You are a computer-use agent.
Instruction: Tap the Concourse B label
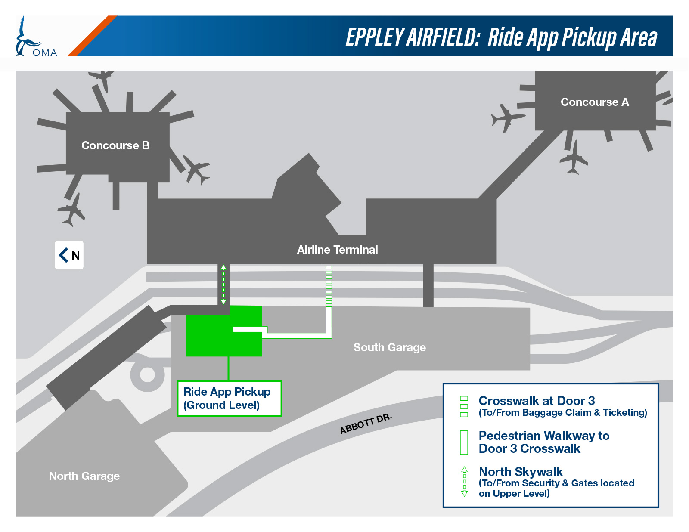(115, 145)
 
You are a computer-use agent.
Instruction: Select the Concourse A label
(595, 102)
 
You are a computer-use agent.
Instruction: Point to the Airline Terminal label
(337, 250)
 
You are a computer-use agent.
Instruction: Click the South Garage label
(390, 347)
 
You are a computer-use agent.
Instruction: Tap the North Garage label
(84, 476)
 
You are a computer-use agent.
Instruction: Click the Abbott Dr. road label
(366, 424)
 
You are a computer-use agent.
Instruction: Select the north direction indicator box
(69, 255)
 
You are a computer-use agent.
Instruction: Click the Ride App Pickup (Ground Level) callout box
(229, 399)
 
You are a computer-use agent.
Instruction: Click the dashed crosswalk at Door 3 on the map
(329, 285)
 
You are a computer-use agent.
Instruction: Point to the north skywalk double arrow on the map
(223, 285)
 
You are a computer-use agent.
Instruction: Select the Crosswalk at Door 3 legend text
(537, 401)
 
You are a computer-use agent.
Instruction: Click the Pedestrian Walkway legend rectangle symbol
(464, 442)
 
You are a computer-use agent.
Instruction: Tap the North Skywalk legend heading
(521, 472)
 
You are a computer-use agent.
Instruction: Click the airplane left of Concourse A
(507, 118)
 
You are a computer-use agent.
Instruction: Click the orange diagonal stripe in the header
(93, 36)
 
